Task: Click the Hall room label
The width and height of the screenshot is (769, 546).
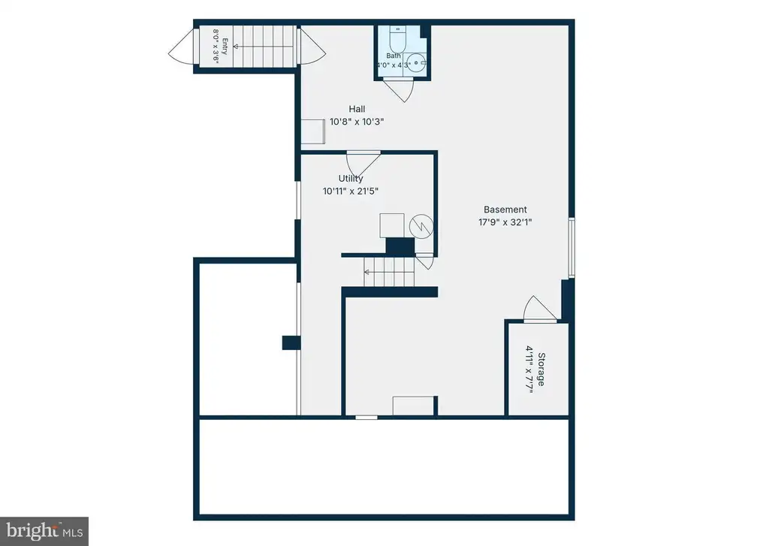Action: tap(357, 109)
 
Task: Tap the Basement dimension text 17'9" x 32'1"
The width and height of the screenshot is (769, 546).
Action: tap(505, 222)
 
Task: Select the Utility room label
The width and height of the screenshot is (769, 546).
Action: tap(351, 179)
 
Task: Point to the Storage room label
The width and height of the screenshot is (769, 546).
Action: tap(541, 369)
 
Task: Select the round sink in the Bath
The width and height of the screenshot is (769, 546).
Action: tap(416, 63)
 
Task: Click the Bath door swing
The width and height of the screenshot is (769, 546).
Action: tap(398, 90)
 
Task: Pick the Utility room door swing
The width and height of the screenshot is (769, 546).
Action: tap(363, 162)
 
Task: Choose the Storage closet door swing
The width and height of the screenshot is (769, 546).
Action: tap(540, 309)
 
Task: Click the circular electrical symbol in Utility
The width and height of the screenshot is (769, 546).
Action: tap(421, 226)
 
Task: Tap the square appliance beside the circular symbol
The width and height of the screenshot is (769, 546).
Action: tap(392, 225)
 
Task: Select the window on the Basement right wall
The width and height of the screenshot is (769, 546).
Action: tap(571, 248)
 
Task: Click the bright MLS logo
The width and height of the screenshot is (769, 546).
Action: tap(44, 531)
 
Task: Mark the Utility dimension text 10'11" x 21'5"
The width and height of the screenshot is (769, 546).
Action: tap(351, 192)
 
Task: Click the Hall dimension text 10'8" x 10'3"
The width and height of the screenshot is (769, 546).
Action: tap(357, 122)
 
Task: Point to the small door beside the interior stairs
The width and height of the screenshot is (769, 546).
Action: tap(425, 261)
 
